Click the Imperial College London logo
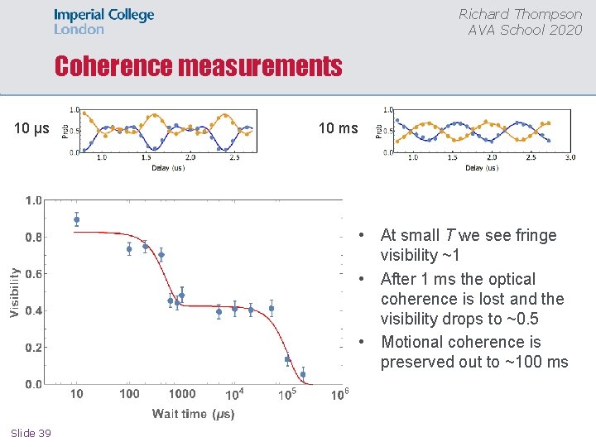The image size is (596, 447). [x=104, y=22]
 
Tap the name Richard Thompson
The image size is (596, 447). [x=521, y=14]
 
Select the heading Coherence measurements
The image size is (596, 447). [x=199, y=66]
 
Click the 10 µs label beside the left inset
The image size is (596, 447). [x=32, y=128]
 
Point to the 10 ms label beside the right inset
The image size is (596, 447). [x=339, y=128]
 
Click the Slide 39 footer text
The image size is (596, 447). [x=31, y=433]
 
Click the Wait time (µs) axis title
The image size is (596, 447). [x=193, y=413]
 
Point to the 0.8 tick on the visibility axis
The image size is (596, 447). [x=34, y=237]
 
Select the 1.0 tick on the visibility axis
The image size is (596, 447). [x=34, y=200]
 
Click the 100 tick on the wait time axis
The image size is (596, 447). [x=129, y=394]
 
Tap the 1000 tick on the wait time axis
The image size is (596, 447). [x=182, y=394]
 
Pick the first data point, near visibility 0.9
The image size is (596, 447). [x=77, y=220]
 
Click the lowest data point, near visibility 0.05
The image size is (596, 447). [x=303, y=374]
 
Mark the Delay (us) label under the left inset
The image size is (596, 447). [x=168, y=168]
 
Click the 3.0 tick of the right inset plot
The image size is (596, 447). [x=570, y=157]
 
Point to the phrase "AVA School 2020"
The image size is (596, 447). [x=525, y=30]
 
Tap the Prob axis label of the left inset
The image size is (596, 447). [x=66, y=131]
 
